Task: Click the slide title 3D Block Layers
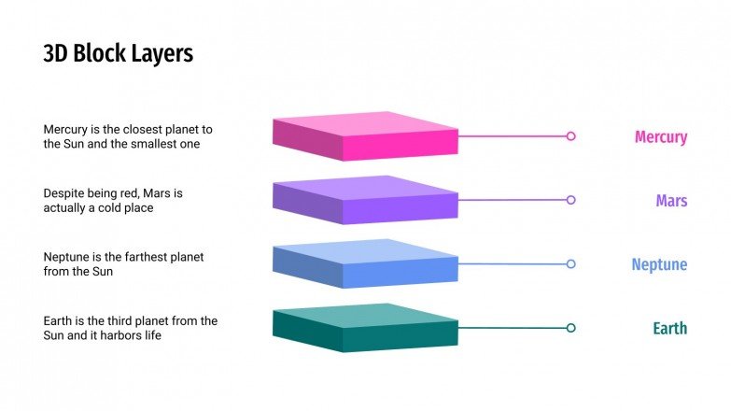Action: (x=118, y=54)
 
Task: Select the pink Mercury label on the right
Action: (x=661, y=137)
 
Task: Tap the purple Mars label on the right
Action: (x=671, y=201)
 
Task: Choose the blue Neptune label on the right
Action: (x=659, y=264)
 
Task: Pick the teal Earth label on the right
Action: (x=669, y=328)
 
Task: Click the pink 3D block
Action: (x=364, y=135)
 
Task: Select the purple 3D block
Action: (x=364, y=199)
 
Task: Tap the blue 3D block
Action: (x=364, y=262)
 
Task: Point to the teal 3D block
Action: (x=364, y=327)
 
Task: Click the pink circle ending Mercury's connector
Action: (x=570, y=136)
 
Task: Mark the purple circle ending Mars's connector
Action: (x=570, y=200)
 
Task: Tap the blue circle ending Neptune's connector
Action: (x=570, y=263)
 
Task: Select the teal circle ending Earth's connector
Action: (x=570, y=328)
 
